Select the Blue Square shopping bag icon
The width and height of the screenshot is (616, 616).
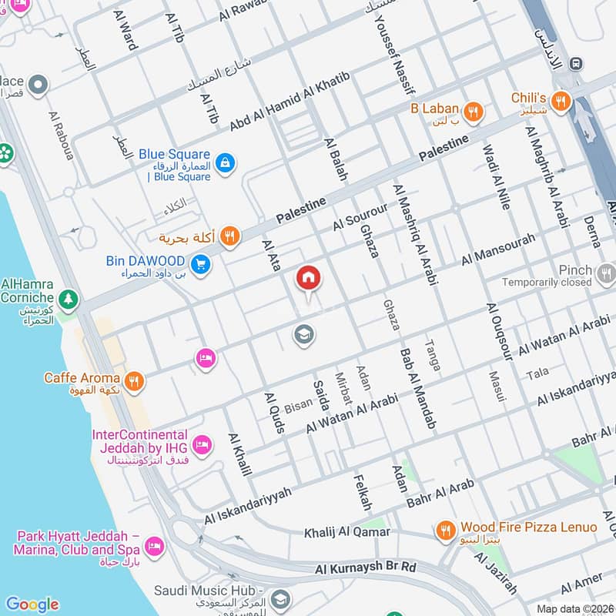(x=226, y=162)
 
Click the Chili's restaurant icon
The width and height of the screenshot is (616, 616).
(x=562, y=100)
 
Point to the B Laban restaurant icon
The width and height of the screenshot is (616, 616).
(x=474, y=111)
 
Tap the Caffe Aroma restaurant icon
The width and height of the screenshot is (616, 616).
(x=135, y=379)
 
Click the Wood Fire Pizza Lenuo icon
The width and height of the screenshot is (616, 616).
(x=445, y=530)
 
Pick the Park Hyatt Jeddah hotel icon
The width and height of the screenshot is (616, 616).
(x=154, y=544)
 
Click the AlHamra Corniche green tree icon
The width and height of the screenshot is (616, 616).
(x=69, y=297)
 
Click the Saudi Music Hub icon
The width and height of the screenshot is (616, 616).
(x=280, y=598)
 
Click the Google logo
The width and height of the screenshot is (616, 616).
(x=32, y=604)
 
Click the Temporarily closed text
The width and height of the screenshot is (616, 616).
(x=547, y=283)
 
